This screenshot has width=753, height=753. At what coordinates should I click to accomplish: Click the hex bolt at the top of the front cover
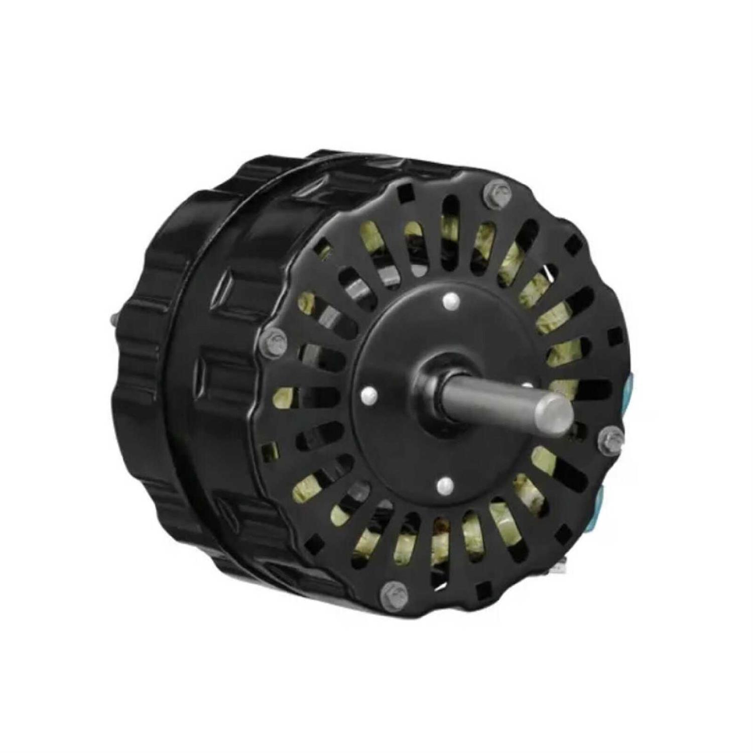[497, 192]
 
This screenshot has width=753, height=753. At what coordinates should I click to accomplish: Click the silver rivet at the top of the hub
[450, 302]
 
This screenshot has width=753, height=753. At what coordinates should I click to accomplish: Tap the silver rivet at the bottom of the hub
[443, 484]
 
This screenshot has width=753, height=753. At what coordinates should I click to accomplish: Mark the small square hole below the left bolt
[271, 447]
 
